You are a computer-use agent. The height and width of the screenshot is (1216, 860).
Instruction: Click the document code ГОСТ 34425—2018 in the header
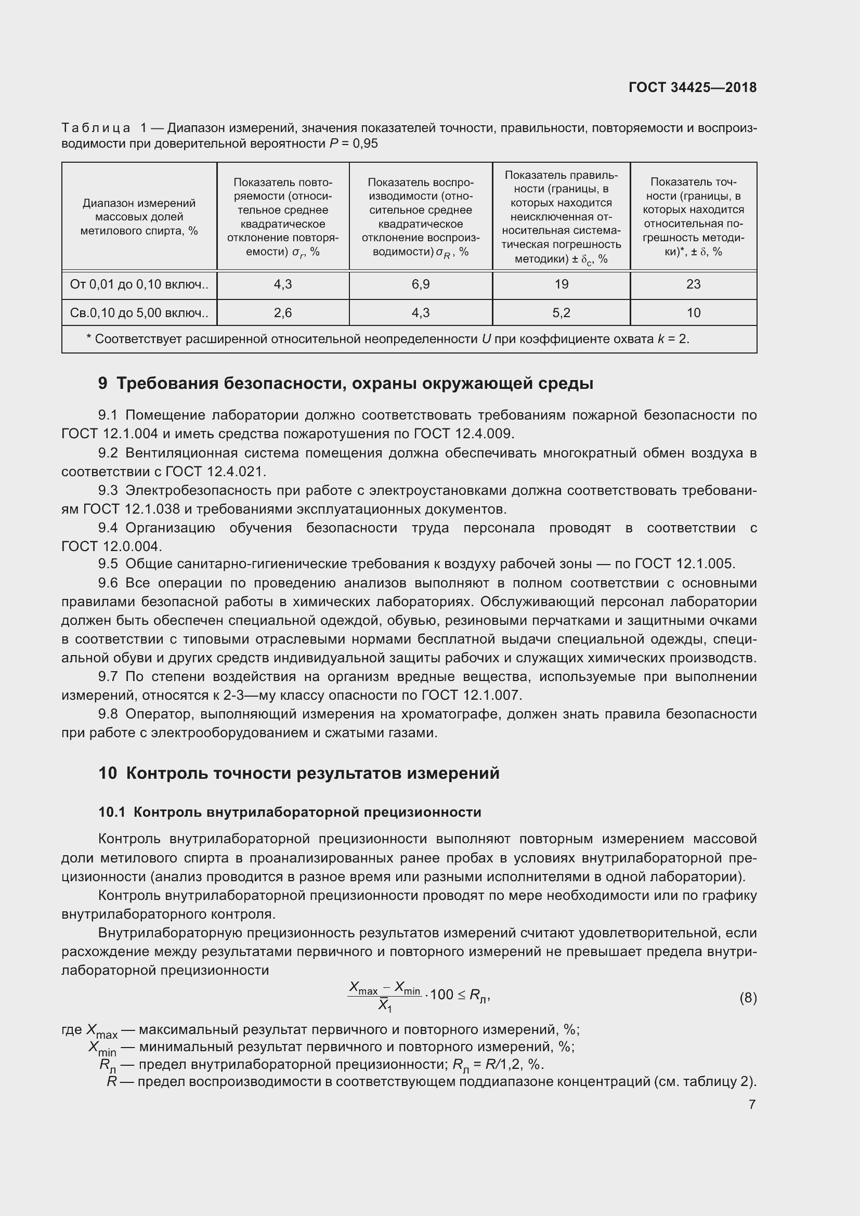tap(692, 87)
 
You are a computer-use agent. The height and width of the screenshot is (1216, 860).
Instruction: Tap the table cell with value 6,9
tap(421, 284)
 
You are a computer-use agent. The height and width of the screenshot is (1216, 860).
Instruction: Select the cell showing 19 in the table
tap(561, 284)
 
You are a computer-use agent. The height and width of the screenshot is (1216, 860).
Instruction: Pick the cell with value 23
tap(693, 284)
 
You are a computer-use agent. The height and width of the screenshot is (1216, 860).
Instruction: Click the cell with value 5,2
tap(561, 313)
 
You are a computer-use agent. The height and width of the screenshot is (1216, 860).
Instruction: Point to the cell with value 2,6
tap(283, 313)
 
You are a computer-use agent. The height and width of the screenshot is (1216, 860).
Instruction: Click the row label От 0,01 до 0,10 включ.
tap(139, 284)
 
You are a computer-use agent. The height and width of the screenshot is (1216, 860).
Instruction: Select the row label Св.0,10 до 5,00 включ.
tap(139, 313)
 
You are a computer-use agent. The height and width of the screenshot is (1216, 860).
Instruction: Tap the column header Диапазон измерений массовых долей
tap(139, 217)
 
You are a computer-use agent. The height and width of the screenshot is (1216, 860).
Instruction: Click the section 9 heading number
tap(103, 384)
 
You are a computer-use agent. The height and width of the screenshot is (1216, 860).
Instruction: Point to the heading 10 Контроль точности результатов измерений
tap(298, 773)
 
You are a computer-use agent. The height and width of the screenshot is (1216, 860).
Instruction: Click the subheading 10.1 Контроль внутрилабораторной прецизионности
tap(290, 812)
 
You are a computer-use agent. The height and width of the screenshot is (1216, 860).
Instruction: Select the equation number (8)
tap(747, 998)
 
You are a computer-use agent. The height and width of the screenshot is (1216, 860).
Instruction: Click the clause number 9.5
tap(108, 564)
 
